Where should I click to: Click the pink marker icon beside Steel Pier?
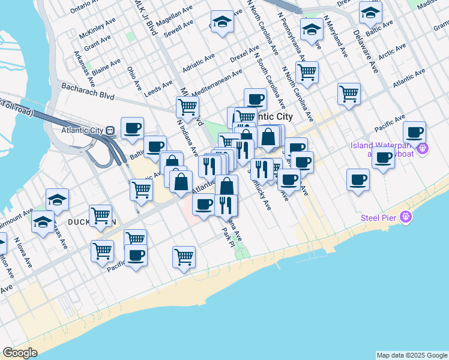[407, 217]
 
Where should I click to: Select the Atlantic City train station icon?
[110, 130]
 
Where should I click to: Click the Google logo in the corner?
[20, 353]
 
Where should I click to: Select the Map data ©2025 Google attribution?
[412, 355]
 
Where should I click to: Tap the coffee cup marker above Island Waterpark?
[414, 133]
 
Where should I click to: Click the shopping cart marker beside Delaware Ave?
[349, 94]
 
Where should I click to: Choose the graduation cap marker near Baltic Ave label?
[370, 12]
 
